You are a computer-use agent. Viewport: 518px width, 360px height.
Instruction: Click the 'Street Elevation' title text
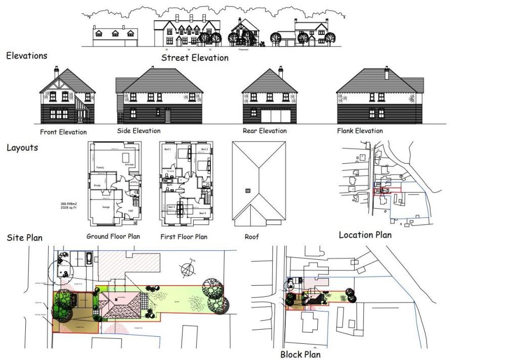(x=195, y=58)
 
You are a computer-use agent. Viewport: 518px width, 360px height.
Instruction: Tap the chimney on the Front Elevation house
(x=56, y=72)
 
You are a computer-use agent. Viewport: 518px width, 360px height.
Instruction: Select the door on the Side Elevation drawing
(x=167, y=115)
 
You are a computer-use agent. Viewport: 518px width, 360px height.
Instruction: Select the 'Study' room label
(x=97, y=186)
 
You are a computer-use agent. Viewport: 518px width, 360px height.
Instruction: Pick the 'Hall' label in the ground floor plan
(x=130, y=211)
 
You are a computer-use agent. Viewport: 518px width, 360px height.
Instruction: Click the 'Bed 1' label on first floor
(x=167, y=150)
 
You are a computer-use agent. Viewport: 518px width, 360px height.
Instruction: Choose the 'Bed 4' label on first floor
(x=203, y=213)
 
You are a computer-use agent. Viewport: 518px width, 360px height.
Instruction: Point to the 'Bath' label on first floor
(x=170, y=185)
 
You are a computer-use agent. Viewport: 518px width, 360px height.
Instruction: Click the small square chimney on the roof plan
(x=247, y=190)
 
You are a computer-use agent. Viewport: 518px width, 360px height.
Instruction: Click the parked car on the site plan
(x=89, y=259)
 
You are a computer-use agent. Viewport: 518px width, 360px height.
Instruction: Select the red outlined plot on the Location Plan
(x=386, y=190)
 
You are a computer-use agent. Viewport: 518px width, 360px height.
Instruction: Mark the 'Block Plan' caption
(x=300, y=354)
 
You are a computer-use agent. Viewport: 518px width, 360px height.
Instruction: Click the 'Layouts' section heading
(x=22, y=148)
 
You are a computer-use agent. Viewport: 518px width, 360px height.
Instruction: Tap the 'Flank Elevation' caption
(x=360, y=131)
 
